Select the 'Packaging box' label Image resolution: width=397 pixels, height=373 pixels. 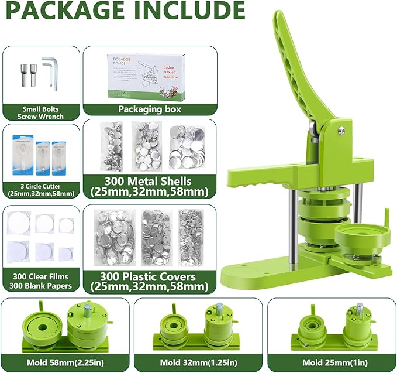tap(150, 108)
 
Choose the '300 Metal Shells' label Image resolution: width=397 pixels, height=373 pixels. tap(150, 185)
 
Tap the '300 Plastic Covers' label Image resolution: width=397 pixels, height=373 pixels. tap(150, 282)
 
